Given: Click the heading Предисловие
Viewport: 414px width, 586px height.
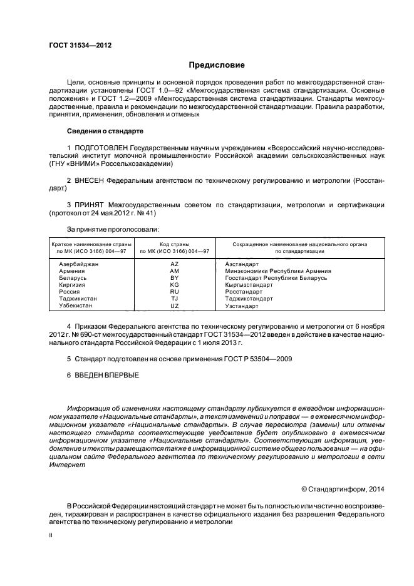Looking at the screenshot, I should click(x=217, y=65).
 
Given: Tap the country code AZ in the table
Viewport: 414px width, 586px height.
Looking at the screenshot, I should click(x=174, y=265).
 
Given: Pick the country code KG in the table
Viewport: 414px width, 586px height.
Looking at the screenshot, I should click(x=174, y=285).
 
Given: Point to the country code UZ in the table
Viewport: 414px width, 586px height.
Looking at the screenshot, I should click(x=174, y=306).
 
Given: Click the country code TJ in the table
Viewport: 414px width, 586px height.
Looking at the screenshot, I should click(x=174, y=299).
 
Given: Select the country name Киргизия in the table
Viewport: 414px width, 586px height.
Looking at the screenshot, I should click(x=71, y=285).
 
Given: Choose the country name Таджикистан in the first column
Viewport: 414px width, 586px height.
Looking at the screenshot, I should click(x=78, y=299).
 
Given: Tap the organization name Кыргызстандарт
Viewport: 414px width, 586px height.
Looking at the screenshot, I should click(x=249, y=285).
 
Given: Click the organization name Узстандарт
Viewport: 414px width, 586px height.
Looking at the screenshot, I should click(x=241, y=306).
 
